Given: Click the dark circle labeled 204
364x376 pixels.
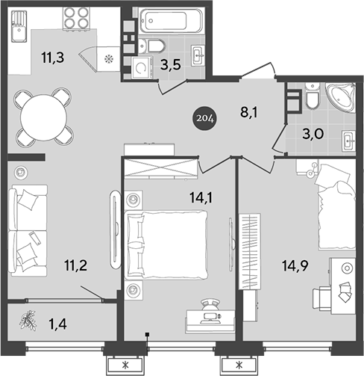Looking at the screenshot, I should click(x=204, y=117).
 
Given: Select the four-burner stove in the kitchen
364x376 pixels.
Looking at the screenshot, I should click(x=76, y=18).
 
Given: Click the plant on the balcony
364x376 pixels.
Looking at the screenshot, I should click(x=28, y=320).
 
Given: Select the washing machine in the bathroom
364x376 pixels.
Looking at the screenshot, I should click(x=142, y=68).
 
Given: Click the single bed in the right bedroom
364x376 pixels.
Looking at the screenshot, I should click(x=340, y=213).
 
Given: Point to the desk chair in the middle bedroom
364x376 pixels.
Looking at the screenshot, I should click(x=210, y=306).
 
